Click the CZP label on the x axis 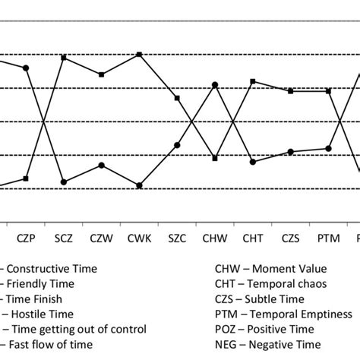[x=27, y=238]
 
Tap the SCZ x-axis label [x=64, y=238]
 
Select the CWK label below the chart [x=139, y=238]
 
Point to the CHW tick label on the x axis [x=214, y=238]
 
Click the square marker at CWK [x=139, y=55]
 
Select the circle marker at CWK [x=139, y=185]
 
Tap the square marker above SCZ [x=64, y=58]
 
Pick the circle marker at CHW [x=215, y=84]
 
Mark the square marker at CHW [x=215, y=159]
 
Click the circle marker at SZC [x=177, y=144]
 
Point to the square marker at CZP [x=27, y=178]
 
